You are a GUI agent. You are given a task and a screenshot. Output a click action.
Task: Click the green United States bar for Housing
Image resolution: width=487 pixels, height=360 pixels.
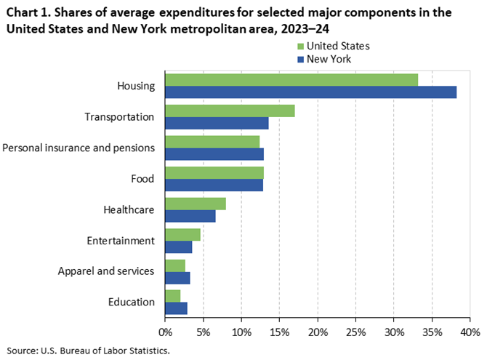(291, 79)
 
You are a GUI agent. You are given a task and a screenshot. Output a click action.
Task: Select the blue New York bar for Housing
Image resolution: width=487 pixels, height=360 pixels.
(310, 92)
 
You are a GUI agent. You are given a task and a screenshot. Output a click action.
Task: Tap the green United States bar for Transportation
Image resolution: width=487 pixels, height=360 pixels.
(230, 111)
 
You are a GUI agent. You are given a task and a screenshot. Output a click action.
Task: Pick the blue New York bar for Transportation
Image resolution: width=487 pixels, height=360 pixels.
(217, 123)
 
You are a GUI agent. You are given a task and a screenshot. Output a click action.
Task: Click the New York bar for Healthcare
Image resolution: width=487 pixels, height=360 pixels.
(190, 216)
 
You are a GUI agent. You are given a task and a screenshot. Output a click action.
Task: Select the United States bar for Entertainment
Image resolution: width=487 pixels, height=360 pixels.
(182, 234)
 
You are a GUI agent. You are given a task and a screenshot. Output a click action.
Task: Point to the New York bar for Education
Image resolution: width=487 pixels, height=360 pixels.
(176, 308)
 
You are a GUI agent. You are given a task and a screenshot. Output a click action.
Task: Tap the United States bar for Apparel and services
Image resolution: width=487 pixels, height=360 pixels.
(175, 265)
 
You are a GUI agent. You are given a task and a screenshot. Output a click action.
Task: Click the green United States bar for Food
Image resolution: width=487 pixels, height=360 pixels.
(214, 172)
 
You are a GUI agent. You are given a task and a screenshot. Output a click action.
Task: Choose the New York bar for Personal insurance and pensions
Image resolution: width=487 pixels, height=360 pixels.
(214, 154)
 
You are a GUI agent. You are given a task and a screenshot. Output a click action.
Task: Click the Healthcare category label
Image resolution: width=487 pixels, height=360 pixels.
(129, 209)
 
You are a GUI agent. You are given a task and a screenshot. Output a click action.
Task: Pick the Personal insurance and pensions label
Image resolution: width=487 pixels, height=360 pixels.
(79, 148)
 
